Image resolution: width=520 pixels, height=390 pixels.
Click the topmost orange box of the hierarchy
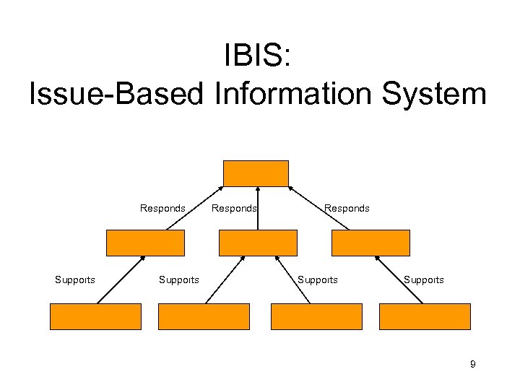256,173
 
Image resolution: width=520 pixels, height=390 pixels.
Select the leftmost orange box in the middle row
145,243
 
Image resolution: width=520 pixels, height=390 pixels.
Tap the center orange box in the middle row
258,243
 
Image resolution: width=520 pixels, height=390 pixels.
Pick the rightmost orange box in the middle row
370,243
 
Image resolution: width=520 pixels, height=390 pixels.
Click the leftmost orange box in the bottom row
95,316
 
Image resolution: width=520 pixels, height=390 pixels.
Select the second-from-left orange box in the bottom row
204,316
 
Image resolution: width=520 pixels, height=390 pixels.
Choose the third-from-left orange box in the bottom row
316,316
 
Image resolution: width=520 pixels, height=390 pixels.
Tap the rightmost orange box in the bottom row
425,316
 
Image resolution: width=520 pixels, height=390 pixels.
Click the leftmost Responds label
162,208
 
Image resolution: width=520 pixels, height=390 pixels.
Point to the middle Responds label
233,208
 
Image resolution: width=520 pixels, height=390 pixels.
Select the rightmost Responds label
347,208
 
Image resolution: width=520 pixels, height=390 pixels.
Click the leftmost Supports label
75,279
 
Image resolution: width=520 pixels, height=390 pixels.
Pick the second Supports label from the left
178,279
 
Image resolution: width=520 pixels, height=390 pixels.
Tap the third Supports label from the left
318,279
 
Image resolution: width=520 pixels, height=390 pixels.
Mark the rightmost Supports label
424,279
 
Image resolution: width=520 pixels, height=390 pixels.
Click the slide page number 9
472,364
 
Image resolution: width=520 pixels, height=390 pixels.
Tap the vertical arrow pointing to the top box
258,209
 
